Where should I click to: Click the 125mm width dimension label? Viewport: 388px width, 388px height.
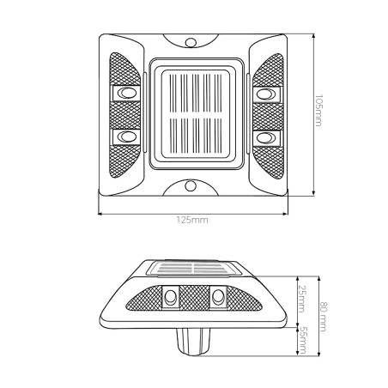192,220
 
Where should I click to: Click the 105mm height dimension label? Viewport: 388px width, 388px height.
318,110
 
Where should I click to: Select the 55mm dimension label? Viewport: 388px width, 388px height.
302,340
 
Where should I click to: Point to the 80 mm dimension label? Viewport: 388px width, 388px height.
324,317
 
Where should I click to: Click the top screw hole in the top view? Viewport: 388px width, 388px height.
191,43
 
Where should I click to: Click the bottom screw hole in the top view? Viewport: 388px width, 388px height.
191,186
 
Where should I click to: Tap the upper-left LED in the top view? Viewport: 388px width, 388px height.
127,94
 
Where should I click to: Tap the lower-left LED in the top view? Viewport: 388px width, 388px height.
127,137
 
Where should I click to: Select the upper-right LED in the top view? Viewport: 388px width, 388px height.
266,94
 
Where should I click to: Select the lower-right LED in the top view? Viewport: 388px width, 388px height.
266,137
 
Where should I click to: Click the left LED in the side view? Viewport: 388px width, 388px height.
171,296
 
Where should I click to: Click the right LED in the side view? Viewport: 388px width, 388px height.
218,296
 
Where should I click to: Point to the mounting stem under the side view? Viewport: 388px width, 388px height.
193,342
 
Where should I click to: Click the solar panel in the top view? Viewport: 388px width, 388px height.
197,114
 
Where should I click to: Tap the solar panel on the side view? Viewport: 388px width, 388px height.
194,268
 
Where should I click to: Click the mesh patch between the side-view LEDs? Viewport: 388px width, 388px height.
194,298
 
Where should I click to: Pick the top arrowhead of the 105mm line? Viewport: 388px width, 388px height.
313,36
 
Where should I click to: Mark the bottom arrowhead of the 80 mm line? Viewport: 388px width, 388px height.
318,354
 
